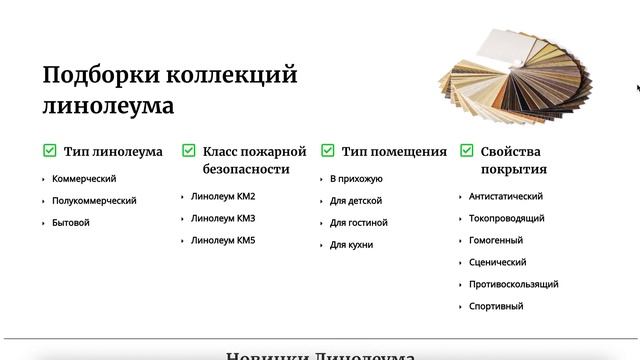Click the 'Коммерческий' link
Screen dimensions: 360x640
coord(84,178)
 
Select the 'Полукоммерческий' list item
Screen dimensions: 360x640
coord(94,200)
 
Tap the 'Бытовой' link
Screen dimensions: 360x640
coord(71,222)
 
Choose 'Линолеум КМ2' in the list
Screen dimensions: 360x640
coord(223,196)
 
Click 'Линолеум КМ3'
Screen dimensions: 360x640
coord(223,218)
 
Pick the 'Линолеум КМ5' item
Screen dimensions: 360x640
coord(223,240)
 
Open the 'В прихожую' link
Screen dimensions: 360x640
coord(356,178)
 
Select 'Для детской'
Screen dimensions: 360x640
coord(356,200)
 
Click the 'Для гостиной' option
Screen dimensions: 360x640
coord(359,222)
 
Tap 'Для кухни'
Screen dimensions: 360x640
coord(352,244)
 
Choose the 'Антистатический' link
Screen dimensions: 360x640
coord(506,196)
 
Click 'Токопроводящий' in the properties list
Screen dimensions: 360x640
coord(506,218)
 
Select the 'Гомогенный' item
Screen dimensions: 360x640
coord(496,240)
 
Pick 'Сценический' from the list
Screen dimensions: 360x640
coord(498,262)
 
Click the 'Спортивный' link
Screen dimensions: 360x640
coord(496,306)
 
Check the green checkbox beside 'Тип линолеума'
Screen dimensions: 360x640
coord(49,151)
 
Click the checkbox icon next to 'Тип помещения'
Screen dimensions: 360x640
coord(327,151)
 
